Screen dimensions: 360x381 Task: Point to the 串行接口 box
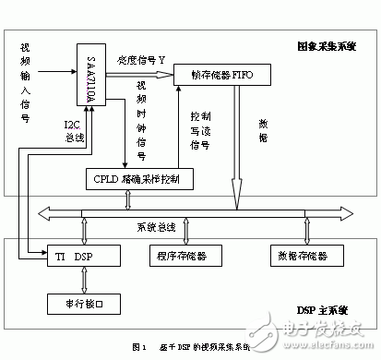pyautogui.click(x=76, y=301)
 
